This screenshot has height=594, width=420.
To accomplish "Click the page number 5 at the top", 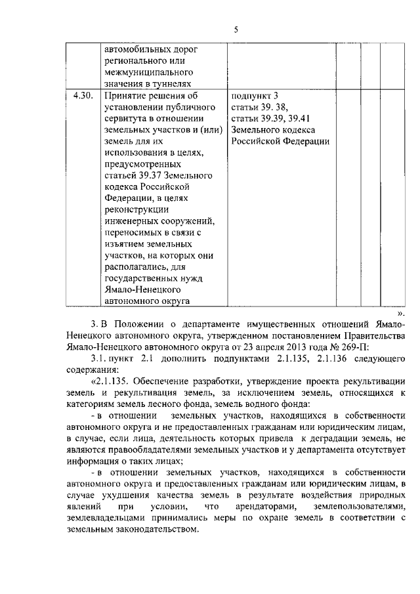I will click(236, 29).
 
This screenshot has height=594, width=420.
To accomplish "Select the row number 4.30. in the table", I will click(83, 96).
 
